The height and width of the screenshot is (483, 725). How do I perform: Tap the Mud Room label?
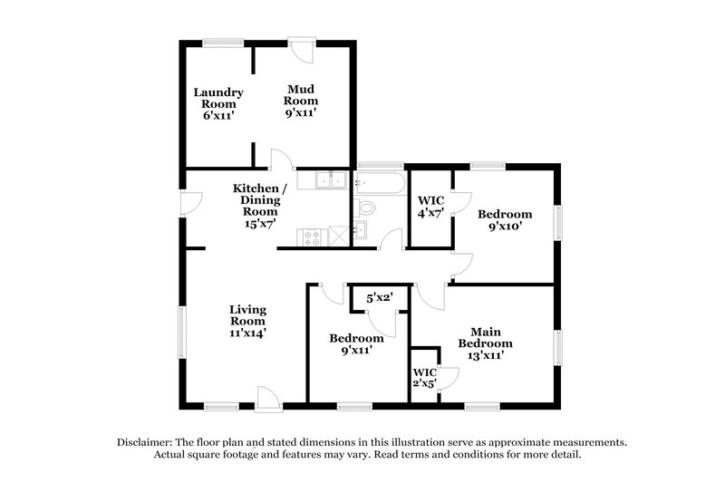click(x=301, y=101)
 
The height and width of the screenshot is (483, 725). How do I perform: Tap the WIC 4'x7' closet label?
click(x=429, y=208)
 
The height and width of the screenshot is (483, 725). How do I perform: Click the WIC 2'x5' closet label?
click(x=425, y=378)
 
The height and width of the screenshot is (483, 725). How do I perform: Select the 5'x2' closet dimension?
click(x=380, y=297)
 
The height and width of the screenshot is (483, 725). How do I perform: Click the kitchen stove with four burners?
click(x=310, y=238)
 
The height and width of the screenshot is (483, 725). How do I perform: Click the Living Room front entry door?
click(x=268, y=397)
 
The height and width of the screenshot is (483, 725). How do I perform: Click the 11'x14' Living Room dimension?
click(x=246, y=333)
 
